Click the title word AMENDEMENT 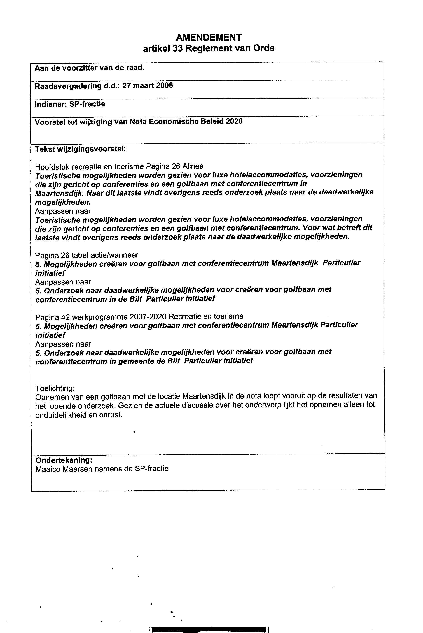(209, 37)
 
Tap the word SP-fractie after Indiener (87, 104)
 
